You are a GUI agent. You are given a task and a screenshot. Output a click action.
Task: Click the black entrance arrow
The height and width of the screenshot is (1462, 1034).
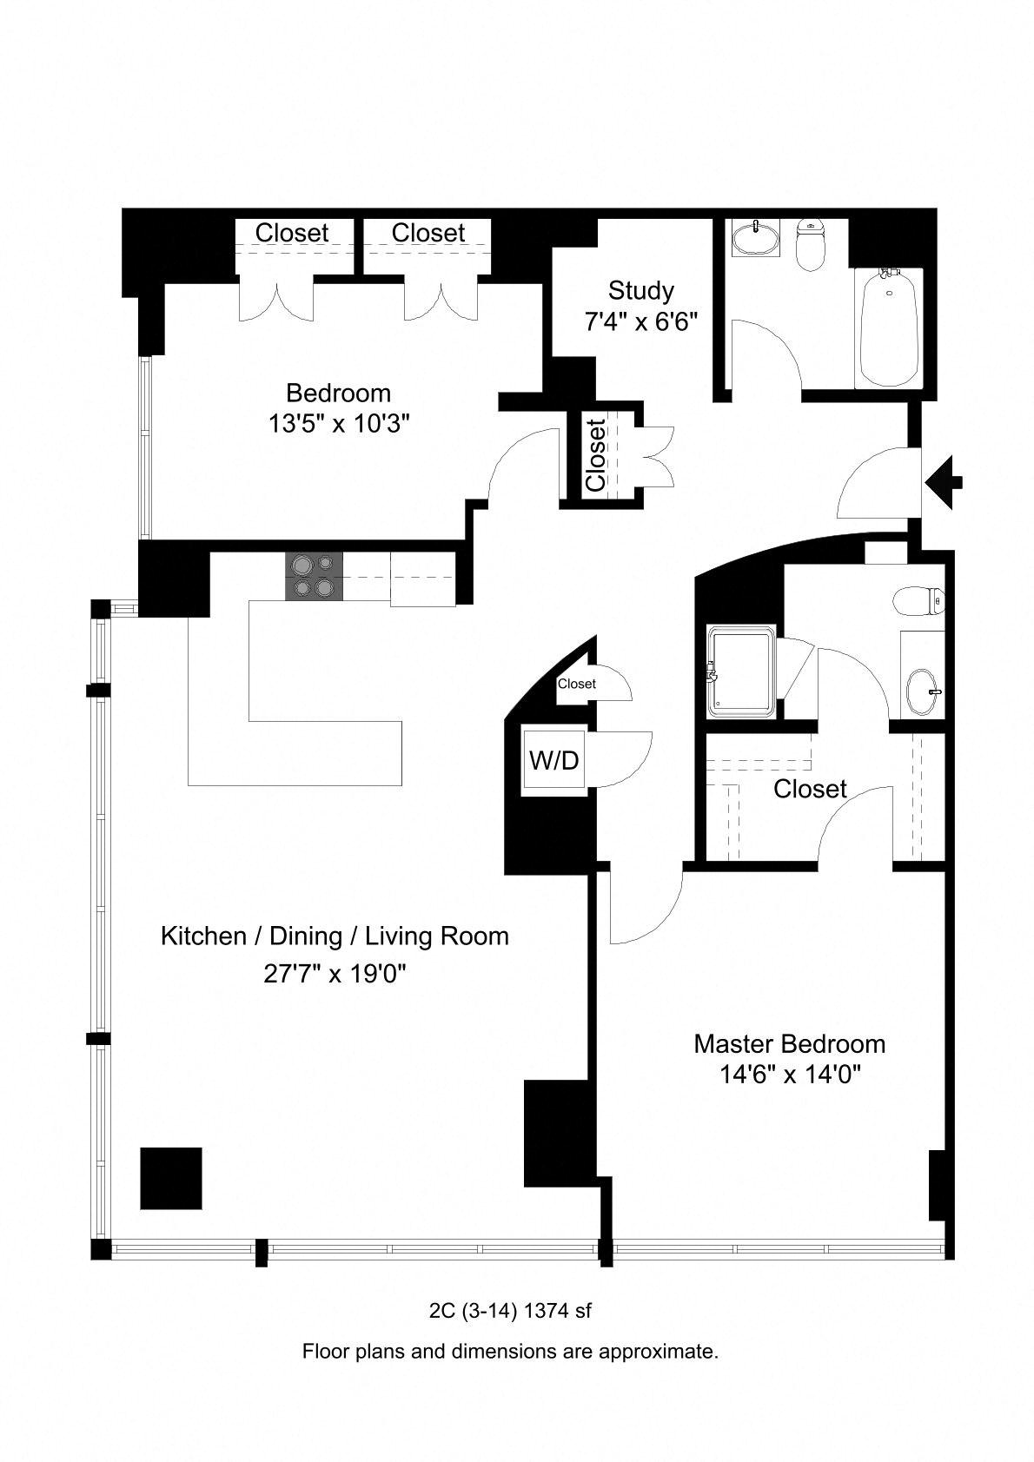944,482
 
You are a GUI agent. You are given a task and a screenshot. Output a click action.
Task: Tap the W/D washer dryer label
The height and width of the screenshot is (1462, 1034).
554,760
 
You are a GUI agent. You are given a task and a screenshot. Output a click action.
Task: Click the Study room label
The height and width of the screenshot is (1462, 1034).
641,290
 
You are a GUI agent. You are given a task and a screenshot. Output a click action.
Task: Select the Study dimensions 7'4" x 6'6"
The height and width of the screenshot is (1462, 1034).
641,321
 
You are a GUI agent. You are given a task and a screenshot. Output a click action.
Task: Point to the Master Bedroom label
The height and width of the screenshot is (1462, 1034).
789,1043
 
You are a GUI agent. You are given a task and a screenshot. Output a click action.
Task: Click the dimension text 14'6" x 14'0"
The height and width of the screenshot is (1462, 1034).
790,1075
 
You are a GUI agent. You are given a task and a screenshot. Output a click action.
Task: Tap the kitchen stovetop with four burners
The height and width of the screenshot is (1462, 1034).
314,576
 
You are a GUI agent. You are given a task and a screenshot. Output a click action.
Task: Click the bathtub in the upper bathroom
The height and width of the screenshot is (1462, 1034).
889,327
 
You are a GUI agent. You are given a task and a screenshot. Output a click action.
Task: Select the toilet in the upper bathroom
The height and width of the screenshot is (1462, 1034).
811,244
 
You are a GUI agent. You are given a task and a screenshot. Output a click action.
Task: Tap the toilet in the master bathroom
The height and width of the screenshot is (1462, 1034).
919,601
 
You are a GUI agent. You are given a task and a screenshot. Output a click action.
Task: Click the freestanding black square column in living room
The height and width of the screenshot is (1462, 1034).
171,1179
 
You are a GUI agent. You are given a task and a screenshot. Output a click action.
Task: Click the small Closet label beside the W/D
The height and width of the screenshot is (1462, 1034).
577,684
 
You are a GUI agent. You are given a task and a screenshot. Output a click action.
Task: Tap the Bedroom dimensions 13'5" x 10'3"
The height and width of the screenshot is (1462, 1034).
339,424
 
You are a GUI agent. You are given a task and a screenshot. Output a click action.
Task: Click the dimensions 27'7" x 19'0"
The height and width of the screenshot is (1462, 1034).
335,974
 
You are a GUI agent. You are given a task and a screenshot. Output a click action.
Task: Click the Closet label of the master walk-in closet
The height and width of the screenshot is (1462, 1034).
810,789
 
